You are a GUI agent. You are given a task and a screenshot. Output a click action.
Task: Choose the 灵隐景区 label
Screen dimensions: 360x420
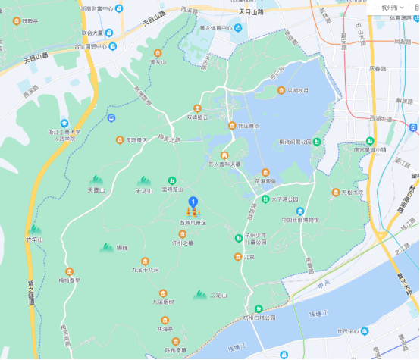coord(136,139)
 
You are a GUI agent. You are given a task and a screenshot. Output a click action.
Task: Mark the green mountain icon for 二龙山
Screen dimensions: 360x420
coord(200,294)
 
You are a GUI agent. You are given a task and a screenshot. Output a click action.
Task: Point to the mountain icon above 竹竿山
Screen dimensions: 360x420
coord(33,229)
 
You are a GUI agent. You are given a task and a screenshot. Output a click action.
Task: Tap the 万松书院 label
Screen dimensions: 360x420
coord(352,193)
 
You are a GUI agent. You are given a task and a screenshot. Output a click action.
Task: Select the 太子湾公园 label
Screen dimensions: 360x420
coord(285,199)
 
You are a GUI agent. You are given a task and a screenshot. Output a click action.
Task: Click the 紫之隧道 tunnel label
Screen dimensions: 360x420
coord(33,291)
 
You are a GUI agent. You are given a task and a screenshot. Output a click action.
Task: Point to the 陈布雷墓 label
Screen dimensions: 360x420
coord(176,349)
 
